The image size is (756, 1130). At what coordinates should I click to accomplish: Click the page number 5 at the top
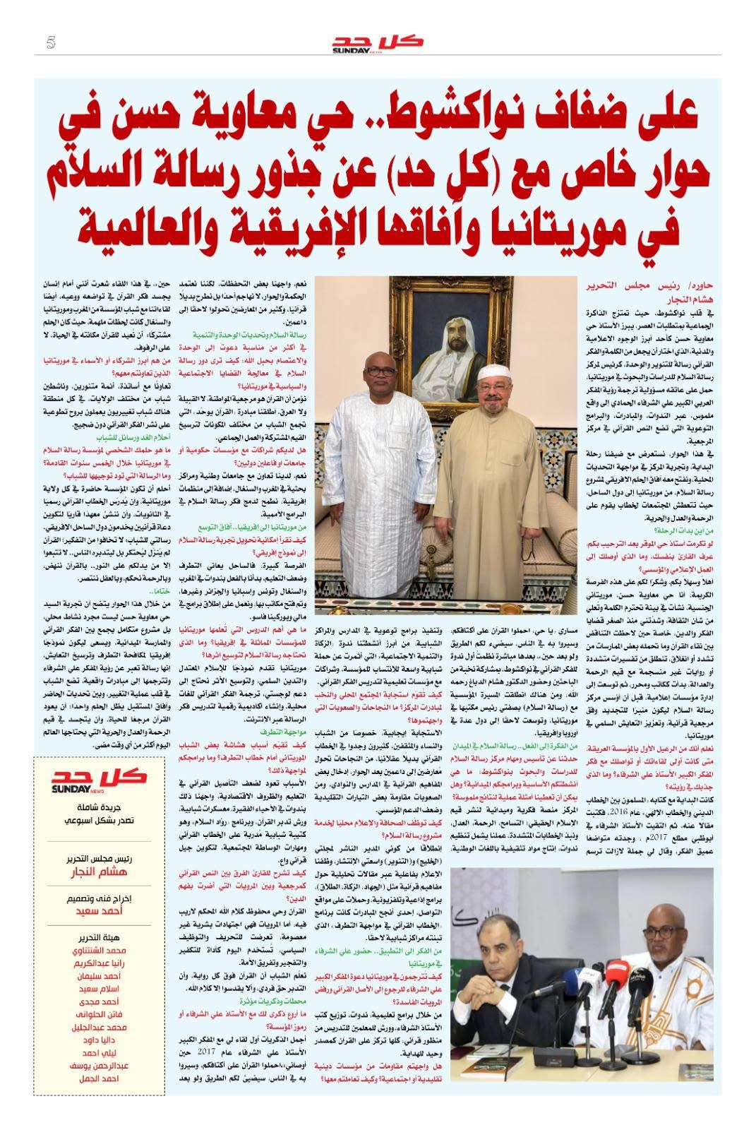point(50,42)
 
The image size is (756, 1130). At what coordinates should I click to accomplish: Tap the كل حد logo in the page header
point(378,42)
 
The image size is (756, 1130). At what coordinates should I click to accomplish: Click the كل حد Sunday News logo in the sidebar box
point(99,781)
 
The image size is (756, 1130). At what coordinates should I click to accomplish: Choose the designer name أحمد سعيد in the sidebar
point(100,911)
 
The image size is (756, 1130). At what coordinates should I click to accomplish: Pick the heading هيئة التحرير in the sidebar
point(99,937)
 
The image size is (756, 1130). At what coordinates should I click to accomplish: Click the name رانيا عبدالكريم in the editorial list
point(99,963)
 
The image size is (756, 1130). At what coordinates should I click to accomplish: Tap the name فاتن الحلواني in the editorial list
point(99,1015)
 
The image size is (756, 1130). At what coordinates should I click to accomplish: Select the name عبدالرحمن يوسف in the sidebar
point(99,1066)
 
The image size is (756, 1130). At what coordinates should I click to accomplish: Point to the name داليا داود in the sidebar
point(99,1040)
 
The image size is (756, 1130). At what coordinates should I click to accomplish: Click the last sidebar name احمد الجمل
point(99,1078)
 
